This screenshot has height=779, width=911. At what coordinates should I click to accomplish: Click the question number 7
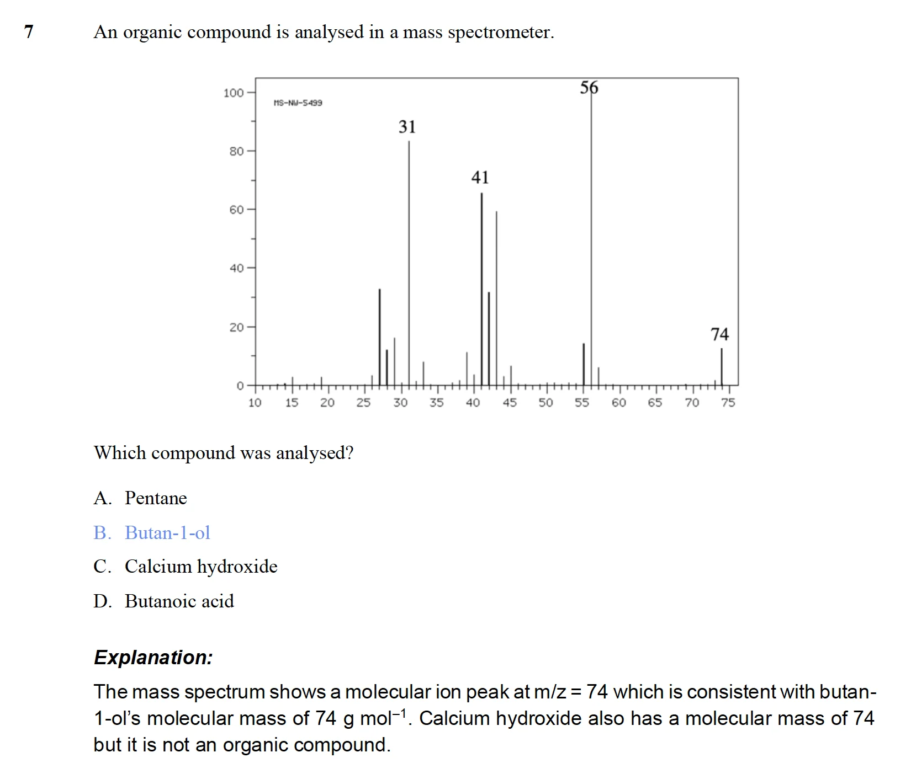[29, 32]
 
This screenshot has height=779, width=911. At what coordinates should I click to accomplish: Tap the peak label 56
[589, 88]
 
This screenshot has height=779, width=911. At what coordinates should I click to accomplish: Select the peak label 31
[407, 127]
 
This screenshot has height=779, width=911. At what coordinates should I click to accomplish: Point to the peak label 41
[480, 177]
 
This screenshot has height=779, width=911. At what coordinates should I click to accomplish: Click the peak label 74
[719, 334]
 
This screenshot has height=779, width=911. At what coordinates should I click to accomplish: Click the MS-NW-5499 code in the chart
[298, 103]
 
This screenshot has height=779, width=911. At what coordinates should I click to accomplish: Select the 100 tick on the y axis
[233, 93]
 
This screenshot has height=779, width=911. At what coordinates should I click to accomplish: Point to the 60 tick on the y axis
[236, 210]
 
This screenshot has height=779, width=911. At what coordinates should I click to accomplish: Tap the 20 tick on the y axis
[236, 327]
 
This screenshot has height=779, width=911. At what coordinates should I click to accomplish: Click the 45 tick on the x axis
[510, 403]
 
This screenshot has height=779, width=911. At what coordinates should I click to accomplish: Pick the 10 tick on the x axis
[255, 403]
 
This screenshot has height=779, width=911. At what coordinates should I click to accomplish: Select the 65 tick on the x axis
[655, 403]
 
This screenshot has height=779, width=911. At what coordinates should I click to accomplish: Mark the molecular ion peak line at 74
[721, 367]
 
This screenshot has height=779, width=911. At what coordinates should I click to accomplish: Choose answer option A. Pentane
[140, 498]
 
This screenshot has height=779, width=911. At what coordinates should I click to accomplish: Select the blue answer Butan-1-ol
[152, 533]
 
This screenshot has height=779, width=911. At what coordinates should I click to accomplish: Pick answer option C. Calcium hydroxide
[186, 567]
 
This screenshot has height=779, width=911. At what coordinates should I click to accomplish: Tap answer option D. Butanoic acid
[163, 601]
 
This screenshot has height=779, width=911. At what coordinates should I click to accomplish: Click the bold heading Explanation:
[153, 658]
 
